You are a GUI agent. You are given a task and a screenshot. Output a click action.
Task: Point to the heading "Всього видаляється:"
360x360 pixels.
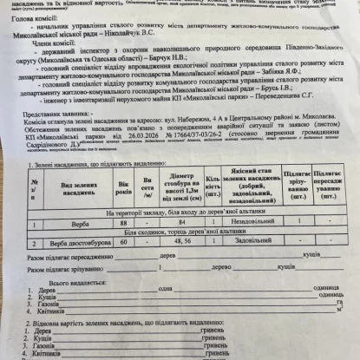(74, 284)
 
